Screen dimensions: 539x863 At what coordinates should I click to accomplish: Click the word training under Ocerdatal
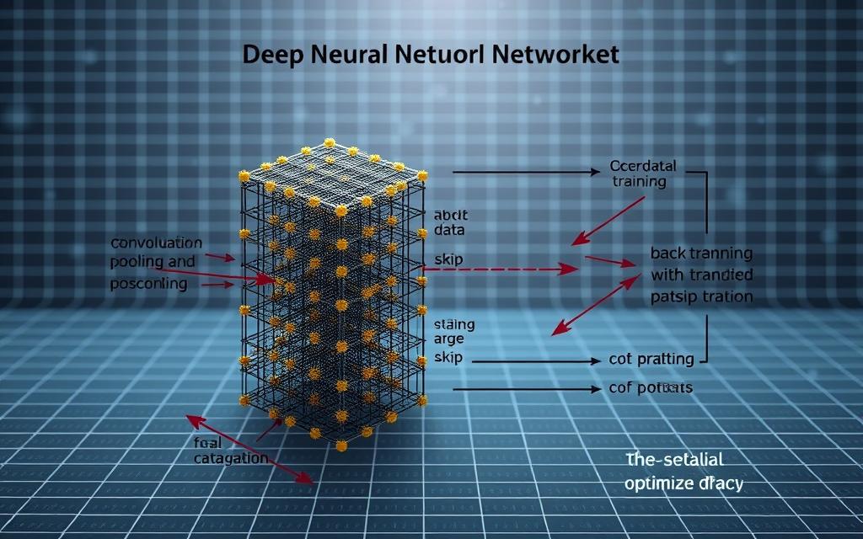click(638, 181)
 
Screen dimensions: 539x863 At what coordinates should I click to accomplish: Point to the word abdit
click(450, 214)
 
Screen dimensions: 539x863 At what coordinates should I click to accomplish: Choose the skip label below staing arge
click(448, 358)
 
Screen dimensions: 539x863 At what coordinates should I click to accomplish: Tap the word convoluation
click(157, 243)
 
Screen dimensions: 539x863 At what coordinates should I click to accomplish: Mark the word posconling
click(149, 284)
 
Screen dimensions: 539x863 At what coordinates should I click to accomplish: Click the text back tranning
click(701, 253)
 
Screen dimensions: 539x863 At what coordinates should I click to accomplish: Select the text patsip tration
click(701, 296)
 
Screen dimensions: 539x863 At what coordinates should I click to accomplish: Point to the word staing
click(454, 324)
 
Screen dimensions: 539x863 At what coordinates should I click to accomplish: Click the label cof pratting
click(651, 360)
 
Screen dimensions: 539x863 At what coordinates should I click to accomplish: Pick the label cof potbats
click(651, 388)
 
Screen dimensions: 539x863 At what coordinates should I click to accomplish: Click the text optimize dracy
click(683, 484)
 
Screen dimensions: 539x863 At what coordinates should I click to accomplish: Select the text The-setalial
click(675, 460)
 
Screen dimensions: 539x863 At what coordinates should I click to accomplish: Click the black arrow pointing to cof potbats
click(523, 389)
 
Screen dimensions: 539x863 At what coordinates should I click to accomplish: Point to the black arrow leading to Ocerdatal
click(527, 171)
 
